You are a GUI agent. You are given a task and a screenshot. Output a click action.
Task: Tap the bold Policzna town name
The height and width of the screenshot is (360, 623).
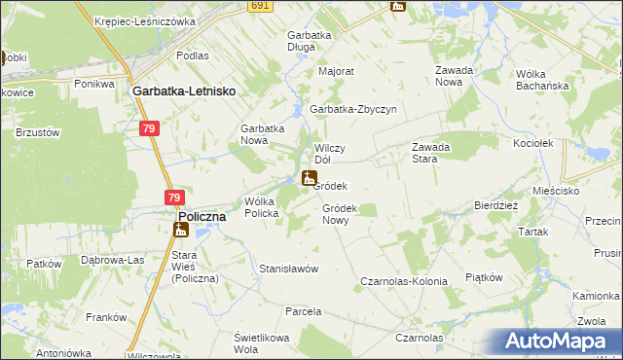pyautogui.click(x=202, y=217)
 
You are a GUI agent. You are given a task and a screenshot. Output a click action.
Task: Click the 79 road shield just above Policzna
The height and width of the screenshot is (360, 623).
pyautogui.click(x=172, y=198)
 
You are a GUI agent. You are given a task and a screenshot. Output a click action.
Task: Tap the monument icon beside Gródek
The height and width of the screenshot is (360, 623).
pyautogui.click(x=309, y=178)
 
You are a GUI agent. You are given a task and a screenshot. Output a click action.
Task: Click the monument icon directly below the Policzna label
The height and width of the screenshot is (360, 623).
pyautogui.click(x=179, y=231)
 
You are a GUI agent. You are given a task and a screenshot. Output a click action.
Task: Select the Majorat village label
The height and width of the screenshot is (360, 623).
pyautogui.click(x=336, y=71)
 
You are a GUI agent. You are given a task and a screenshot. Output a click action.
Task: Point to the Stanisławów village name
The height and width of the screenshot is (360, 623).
pyautogui.click(x=289, y=269)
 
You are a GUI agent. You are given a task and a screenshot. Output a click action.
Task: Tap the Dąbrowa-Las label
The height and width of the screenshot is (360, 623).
pyautogui.click(x=113, y=260)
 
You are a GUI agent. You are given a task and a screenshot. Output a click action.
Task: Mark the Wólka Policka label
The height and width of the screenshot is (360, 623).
pyautogui.click(x=262, y=207)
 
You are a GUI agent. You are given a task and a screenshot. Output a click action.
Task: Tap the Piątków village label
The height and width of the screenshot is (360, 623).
pyautogui.click(x=484, y=276)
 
